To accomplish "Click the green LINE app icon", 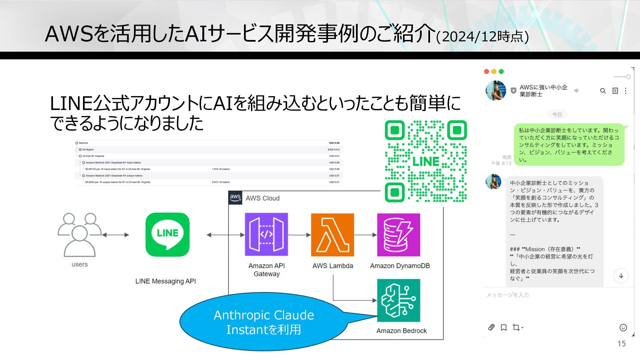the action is [x=167, y=235].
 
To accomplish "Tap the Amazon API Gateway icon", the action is [x=266, y=235].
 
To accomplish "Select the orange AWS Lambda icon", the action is [x=332, y=235].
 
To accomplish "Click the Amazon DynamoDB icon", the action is [x=398, y=235].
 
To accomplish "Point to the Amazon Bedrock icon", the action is [x=398, y=300].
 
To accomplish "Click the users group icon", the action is [x=79, y=235].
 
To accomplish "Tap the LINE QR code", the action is [x=426, y=161].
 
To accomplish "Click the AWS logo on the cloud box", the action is [x=235, y=198].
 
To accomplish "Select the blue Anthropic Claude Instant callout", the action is [x=263, y=322].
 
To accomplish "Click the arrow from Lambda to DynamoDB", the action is [x=365, y=235].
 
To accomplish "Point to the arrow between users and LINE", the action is [x=115, y=235].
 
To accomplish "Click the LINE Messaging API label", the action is [x=166, y=281].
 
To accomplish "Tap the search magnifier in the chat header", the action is [x=603, y=91].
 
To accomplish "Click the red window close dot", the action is [x=486, y=71].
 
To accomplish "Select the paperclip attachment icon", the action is [x=491, y=327].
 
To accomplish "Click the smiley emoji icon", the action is [x=623, y=327].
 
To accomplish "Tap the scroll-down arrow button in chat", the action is [x=621, y=276].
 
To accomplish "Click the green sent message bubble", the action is [x=569, y=145].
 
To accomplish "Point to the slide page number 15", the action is [x=621, y=344].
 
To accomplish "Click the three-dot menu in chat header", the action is [x=626, y=91].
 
